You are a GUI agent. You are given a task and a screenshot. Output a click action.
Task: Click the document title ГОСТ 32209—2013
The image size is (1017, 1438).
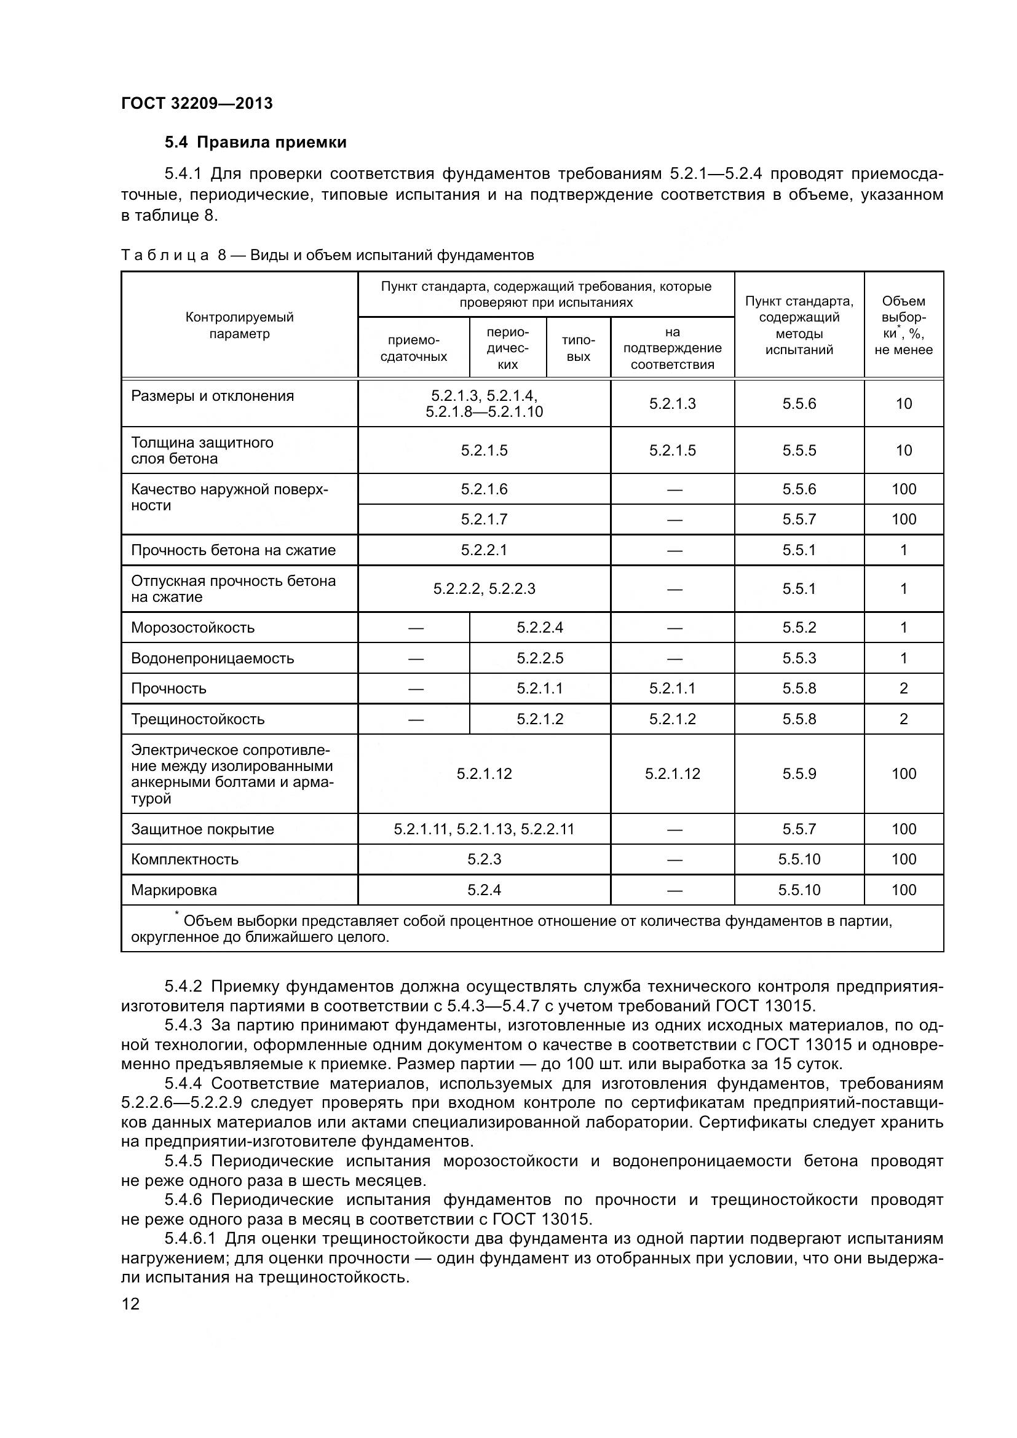click(197, 103)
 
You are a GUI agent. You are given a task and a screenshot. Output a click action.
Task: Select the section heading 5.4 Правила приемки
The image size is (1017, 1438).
click(256, 143)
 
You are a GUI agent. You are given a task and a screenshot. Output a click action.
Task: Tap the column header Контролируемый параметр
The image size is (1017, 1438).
click(239, 325)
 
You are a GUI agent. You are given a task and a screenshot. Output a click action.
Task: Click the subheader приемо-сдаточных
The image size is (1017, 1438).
click(413, 348)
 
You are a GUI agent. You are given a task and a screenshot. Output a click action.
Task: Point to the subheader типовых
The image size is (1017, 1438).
click(578, 348)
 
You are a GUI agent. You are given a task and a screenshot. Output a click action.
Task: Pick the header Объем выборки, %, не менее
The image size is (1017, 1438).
click(903, 325)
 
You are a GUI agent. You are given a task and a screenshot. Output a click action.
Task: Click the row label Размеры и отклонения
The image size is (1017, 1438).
click(212, 396)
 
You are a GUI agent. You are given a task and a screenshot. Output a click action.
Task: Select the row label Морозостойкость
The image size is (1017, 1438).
click(193, 628)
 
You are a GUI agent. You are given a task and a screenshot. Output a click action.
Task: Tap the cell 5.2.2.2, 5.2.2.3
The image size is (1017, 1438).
click(484, 589)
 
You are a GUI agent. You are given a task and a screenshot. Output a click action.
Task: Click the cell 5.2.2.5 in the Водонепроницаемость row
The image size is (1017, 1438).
click(539, 658)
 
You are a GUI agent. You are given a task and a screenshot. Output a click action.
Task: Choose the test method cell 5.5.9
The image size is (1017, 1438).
click(799, 773)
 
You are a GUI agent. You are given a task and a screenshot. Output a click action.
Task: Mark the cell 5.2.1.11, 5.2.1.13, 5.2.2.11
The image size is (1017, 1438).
click(484, 829)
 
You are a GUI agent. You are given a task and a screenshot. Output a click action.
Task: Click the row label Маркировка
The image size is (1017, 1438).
click(174, 890)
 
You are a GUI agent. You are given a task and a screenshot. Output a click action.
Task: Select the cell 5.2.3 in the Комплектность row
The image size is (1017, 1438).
click(484, 859)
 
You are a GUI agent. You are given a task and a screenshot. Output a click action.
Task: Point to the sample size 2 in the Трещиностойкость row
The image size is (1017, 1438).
click(903, 719)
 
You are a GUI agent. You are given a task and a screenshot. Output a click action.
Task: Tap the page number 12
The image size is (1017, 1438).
click(130, 1305)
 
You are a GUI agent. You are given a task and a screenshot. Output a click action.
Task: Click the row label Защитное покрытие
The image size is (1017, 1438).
click(202, 829)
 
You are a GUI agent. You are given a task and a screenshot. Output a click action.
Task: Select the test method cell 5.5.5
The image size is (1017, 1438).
click(799, 450)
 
